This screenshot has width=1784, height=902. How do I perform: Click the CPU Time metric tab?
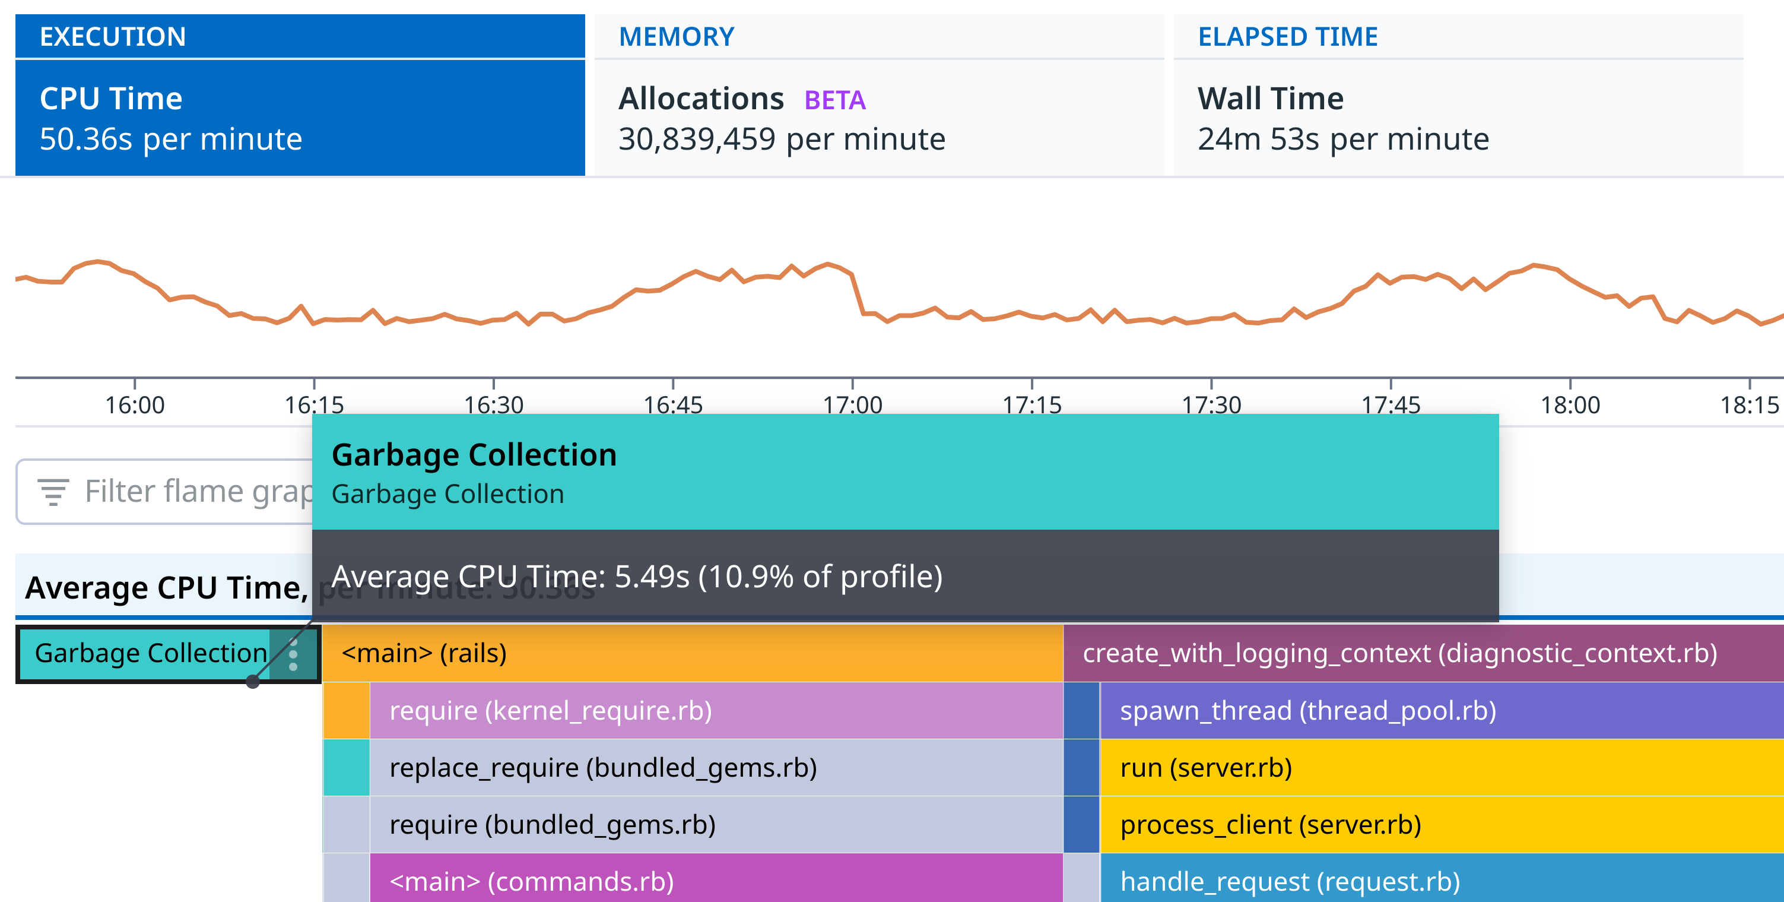(299, 118)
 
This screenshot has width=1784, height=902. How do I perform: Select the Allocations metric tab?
(878, 118)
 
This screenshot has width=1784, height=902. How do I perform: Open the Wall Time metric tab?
(1458, 118)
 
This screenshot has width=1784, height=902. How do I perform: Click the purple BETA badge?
(834, 100)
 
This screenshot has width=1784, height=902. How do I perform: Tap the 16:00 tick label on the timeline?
(134, 404)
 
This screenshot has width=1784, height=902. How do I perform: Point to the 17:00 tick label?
(852, 404)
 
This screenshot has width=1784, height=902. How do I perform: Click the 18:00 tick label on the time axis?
(1569, 404)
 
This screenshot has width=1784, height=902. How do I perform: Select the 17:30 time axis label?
(1211, 404)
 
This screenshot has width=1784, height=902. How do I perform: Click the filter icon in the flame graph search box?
(53, 492)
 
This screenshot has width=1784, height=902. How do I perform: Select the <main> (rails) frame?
(693, 653)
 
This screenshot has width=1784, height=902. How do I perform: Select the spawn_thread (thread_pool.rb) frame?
(1440, 711)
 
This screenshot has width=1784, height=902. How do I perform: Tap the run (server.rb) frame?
(1440, 768)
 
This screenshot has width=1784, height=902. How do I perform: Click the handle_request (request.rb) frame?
(1440, 881)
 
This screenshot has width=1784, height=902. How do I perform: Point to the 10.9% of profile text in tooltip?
(821, 577)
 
